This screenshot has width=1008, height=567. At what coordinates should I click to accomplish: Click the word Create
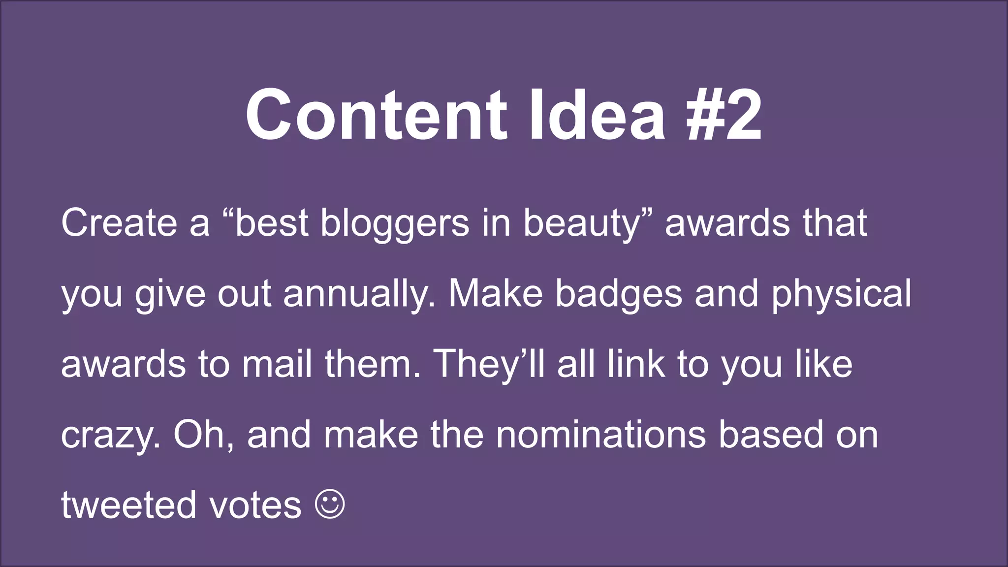coord(119,223)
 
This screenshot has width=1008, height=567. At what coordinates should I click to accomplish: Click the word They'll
coord(489,364)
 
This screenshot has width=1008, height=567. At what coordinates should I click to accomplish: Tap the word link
coord(636,364)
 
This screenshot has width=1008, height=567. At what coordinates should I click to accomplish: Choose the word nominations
coord(600,435)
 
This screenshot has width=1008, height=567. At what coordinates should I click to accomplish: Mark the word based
coord(771,435)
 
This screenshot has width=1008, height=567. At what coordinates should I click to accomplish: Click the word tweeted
coord(128,505)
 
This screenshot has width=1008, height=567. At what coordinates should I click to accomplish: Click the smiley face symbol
coord(330,504)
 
